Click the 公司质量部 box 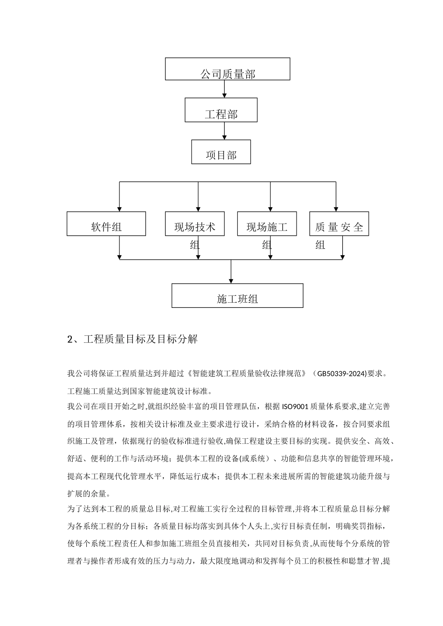click(228, 69)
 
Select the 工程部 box click(221, 110)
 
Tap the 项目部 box click(221, 152)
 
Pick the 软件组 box click(106, 224)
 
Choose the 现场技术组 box click(195, 224)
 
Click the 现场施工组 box click(267, 224)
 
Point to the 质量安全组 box click(339, 224)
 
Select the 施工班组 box click(237, 295)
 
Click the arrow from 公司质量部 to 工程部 click(225, 89)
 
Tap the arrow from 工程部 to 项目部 click(225, 131)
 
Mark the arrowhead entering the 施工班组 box click(231, 280)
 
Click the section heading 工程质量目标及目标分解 click(140, 340)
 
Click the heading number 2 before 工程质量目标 click(70, 340)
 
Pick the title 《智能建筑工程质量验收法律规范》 click(248, 374)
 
